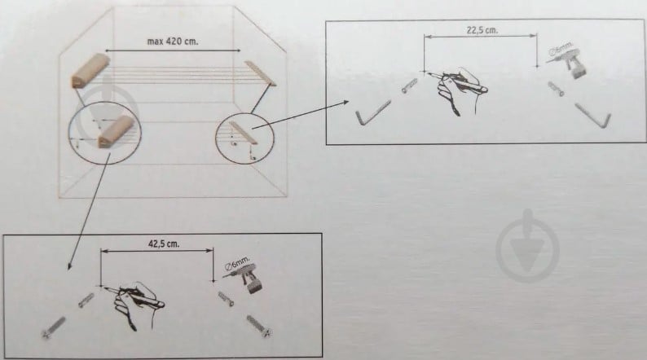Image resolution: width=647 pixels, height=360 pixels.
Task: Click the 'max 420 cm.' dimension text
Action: (x=173, y=42)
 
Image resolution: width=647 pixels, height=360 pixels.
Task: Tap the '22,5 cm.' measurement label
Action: (x=482, y=30)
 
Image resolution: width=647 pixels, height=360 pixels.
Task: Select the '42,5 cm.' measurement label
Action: (x=164, y=244)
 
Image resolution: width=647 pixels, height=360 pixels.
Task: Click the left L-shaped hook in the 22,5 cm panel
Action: (x=372, y=112)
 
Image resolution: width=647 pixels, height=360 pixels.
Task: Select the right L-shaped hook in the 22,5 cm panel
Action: (x=593, y=116)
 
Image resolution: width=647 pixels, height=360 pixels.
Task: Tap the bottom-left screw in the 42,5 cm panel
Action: (x=53, y=327)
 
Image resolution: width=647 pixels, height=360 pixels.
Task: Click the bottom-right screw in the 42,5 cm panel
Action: (x=259, y=327)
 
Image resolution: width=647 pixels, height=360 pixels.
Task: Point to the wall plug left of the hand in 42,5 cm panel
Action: (x=86, y=301)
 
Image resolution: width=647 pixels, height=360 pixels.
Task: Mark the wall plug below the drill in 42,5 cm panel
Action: (x=226, y=299)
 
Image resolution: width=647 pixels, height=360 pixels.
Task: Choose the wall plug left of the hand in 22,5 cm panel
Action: (x=409, y=86)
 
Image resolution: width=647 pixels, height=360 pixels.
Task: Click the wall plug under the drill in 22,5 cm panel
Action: (x=556, y=89)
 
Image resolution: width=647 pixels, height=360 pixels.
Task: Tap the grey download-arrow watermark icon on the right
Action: (x=527, y=246)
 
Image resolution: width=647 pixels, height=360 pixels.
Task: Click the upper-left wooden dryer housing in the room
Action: (x=90, y=71)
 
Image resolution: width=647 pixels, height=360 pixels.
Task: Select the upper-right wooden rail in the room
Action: (x=261, y=73)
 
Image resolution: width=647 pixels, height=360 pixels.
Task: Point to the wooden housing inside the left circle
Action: (x=116, y=131)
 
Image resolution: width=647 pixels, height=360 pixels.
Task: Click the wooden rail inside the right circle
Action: (x=244, y=133)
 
